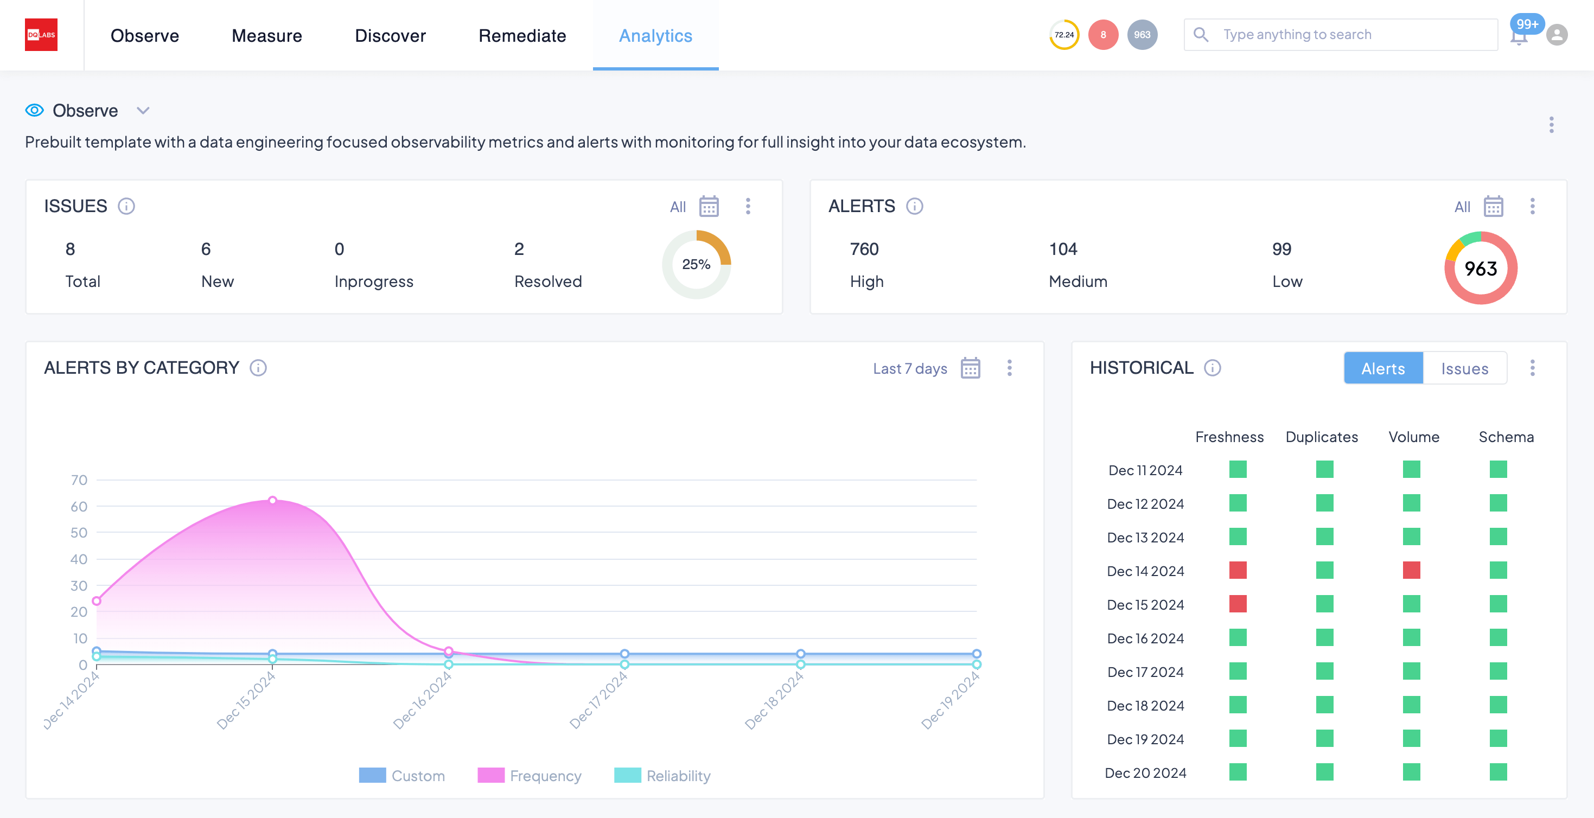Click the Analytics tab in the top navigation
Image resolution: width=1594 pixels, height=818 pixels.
655,36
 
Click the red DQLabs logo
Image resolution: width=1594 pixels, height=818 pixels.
41,35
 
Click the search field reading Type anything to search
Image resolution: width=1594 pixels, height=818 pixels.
1355,35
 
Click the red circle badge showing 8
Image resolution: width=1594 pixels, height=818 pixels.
1102,35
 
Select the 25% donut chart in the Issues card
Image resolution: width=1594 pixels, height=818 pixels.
696,265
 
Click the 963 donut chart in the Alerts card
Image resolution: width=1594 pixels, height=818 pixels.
1480,269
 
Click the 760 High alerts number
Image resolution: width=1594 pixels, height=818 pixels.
864,250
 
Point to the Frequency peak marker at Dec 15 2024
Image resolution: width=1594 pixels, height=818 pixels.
272,500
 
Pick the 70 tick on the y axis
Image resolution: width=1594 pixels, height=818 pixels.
79,480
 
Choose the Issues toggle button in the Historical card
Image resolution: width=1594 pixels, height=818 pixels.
1464,369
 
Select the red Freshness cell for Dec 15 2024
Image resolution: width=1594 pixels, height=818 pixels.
1238,604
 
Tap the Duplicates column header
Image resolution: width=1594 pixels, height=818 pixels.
1321,437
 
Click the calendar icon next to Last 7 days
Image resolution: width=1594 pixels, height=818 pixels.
970,368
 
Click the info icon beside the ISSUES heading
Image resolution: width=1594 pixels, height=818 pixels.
126,206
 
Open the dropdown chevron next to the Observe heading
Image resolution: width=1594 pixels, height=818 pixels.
143,111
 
